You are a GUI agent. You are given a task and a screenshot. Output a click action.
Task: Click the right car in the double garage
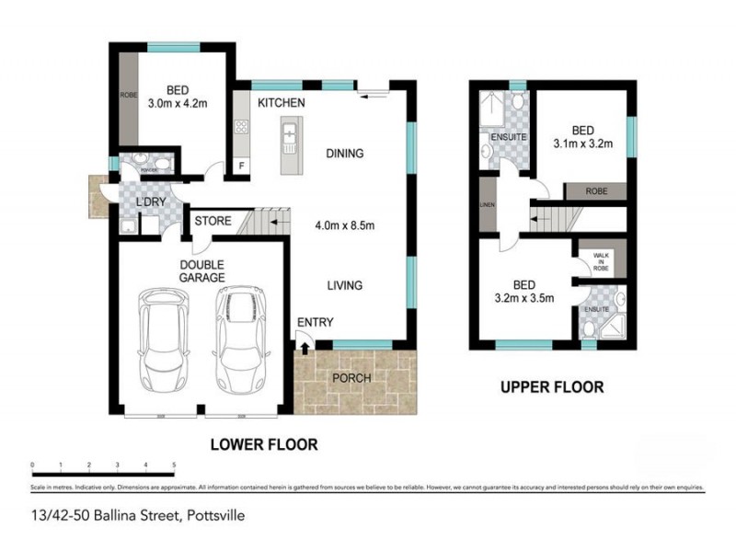coord(240,341)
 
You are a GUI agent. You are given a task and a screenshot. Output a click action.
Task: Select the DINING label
coord(344,154)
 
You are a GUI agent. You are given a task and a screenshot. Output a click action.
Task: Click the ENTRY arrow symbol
coord(305,347)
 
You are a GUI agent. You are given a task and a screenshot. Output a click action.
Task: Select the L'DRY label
coord(150,202)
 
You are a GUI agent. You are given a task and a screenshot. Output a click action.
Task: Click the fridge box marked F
coord(242,167)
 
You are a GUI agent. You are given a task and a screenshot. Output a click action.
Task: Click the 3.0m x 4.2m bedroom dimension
coord(178,103)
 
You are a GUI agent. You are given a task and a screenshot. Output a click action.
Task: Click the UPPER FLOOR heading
coord(551,387)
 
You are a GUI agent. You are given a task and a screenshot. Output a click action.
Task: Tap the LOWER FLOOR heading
coord(264,444)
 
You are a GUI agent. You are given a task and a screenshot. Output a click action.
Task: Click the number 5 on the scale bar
coord(174,465)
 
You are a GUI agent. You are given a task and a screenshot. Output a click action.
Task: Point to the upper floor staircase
coord(551,220)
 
